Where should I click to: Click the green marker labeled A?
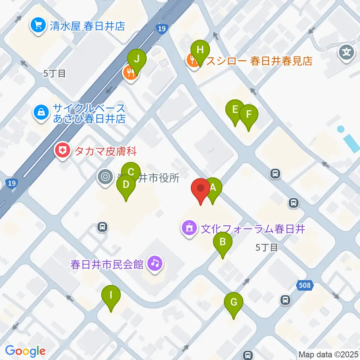(213, 187)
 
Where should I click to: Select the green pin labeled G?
(234, 302)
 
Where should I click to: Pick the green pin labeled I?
(111, 295)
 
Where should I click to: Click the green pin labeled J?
(137, 59)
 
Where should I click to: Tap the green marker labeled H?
(200, 50)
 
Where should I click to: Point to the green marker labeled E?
(235, 109)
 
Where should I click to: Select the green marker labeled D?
(126, 184)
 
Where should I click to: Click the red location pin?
(201, 188)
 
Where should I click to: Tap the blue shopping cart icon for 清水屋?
(38, 25)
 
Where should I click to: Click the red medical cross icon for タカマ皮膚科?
(62, 151)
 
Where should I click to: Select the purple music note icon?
(155, 263)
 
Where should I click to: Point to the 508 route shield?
(304, 286)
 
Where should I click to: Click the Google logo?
(25, 351)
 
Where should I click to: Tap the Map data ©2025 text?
(328, 354)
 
